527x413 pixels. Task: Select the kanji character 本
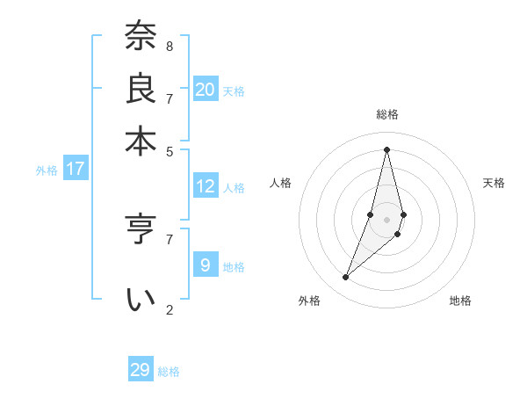[140, 141]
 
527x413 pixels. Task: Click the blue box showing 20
[206, 90]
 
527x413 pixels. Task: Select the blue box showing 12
[206, 186]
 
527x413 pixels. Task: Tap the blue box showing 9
[206, 264]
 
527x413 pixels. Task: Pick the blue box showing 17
[76, 169]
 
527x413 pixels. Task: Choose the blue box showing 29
[141, 370]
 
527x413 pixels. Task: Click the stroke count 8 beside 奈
[170, 46]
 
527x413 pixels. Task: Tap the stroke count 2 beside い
[170, 308]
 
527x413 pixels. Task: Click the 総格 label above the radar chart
[387, 114]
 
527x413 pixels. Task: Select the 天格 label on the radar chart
[494, 183]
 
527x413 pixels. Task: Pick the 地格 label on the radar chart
[460, 301]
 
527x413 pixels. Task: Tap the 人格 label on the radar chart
[281, 183]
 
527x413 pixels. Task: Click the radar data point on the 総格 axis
[386, 149]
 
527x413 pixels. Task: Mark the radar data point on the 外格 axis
[346, 278]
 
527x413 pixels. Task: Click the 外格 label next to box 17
[47, 170]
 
